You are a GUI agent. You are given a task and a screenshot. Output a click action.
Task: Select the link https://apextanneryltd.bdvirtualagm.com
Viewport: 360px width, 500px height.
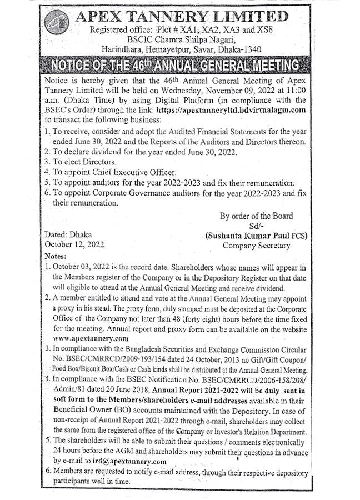(232, 110)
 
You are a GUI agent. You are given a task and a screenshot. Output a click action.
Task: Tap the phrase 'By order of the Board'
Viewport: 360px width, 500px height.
(256, 216)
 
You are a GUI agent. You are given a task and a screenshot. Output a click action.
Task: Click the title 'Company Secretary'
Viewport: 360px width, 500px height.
(256, 245)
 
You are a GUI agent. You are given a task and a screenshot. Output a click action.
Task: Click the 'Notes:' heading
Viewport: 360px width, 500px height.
(54, 256)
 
